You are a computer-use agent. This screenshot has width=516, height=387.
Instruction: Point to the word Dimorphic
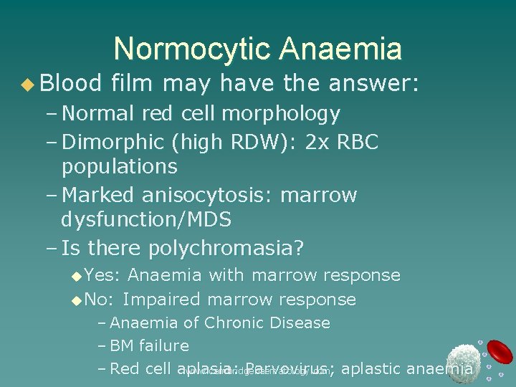pyautogui.click(x=108, y=142)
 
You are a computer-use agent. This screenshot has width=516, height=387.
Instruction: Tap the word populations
pyautogui.click(x=119, y=167)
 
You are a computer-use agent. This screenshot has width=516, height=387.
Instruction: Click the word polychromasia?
pyautogui.click(x=226, y=249)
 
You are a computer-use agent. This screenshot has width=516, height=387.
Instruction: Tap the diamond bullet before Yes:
pyautogui.click(x=77, y=276)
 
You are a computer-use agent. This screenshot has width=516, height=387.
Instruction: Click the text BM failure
pyautogui.click(x=150, y=346)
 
